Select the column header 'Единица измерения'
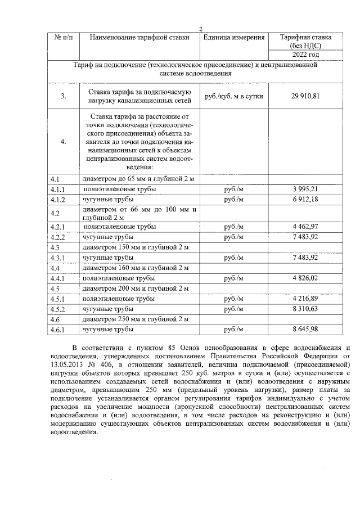point(234,38)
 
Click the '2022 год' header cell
point(305,55)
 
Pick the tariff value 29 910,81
point(305,96)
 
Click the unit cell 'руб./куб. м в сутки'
point(234,96)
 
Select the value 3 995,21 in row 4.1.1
point(305,189)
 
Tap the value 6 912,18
point(305,199)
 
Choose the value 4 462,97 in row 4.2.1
point(305,227)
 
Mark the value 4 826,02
point(305,278)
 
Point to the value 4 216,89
point(305,299)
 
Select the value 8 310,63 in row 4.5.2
point(305,309)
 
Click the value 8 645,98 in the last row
point(305,330)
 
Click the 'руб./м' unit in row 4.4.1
point(234,278)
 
